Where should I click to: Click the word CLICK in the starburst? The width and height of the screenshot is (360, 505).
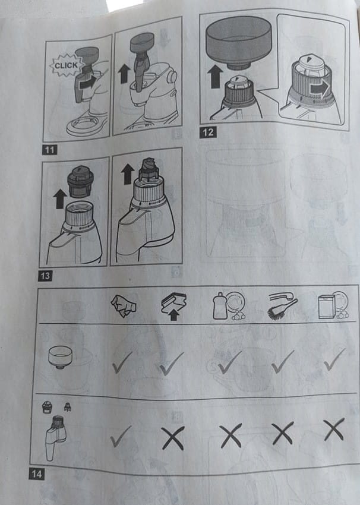click(66, 65)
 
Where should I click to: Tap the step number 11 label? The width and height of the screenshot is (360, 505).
click(49, 150)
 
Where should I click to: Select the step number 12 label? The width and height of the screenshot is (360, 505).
click(208, 132)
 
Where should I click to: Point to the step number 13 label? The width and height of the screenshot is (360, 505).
click(45, 276)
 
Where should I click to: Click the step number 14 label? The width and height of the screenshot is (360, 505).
click(36, 474)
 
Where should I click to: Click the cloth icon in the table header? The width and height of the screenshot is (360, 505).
click(124, 306)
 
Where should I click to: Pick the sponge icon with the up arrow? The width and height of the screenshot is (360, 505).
click(174, 306)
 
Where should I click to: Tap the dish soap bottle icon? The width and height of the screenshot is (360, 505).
click(229, 305)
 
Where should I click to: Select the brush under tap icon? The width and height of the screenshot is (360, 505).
click(282, 305)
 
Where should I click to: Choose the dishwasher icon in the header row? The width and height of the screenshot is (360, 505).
click(334, 305)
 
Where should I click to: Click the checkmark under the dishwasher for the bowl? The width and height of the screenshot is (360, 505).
click(334, 359)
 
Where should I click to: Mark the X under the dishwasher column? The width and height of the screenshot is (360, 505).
click(334, 430)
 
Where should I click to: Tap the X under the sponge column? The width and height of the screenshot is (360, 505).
click(173, 437)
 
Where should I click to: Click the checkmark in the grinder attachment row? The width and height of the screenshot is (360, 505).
click(121, 437)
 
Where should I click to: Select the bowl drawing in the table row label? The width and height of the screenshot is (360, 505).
click(60, 357)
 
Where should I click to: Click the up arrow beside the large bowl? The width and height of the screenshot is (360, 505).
click(216, 76)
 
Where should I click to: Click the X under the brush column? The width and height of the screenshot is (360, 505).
click(282, 433)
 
